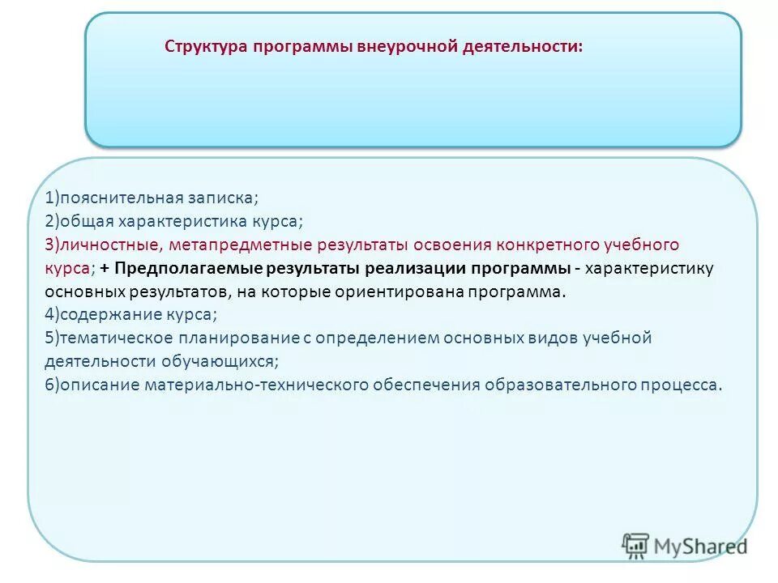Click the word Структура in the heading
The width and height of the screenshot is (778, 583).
[206, 46]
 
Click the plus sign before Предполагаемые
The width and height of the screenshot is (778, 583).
[105, 268]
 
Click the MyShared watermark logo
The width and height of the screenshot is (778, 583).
[685, 547]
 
